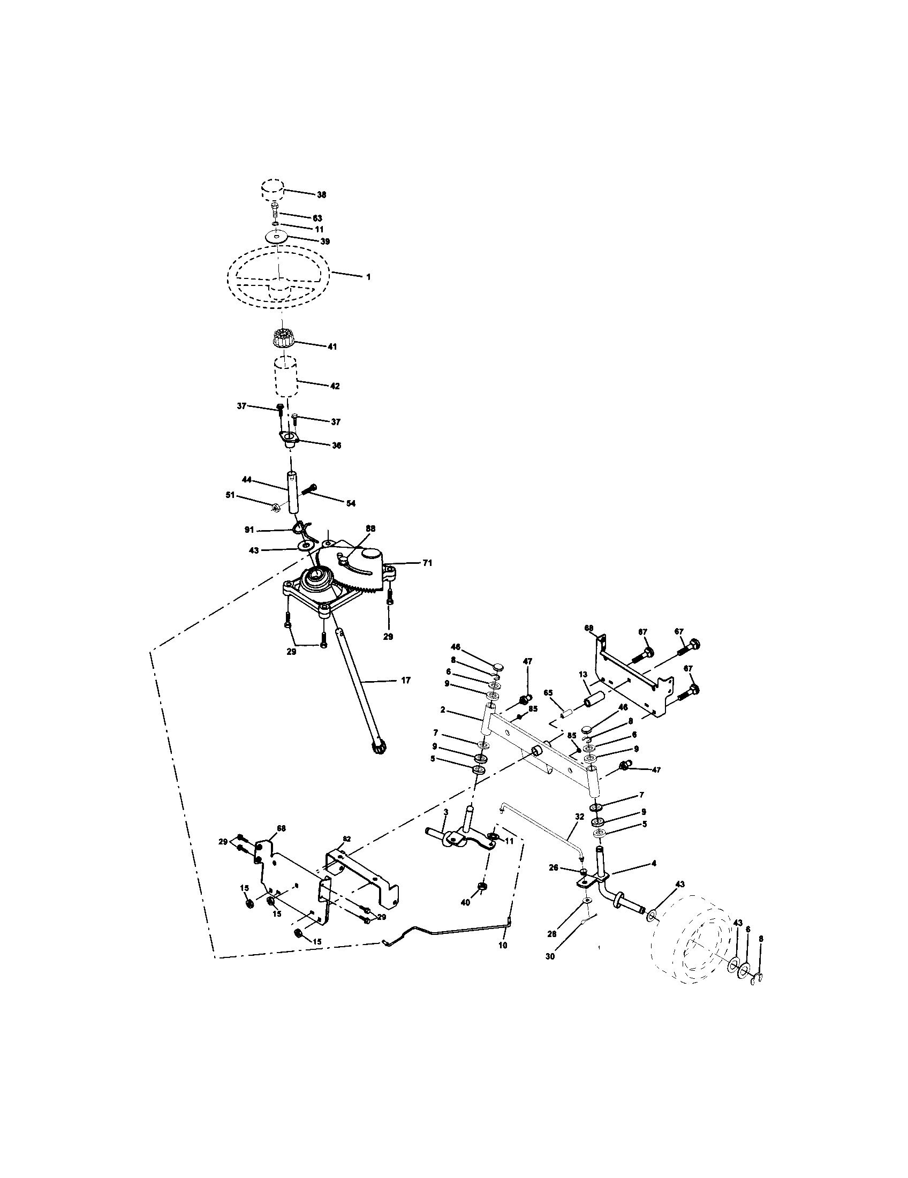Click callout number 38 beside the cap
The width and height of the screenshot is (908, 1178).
pos(322,195)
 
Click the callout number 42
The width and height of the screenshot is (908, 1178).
pos(334,386)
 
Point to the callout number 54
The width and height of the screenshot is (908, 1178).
pos(351,503)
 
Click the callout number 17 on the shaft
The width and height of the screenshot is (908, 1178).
pos(405,681)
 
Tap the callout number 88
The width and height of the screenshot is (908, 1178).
pos(370,528)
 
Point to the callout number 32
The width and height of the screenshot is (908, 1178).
pos(579,817)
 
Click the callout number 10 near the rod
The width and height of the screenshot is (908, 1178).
pos(503,946)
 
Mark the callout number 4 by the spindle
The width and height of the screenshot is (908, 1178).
pos(654,863)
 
